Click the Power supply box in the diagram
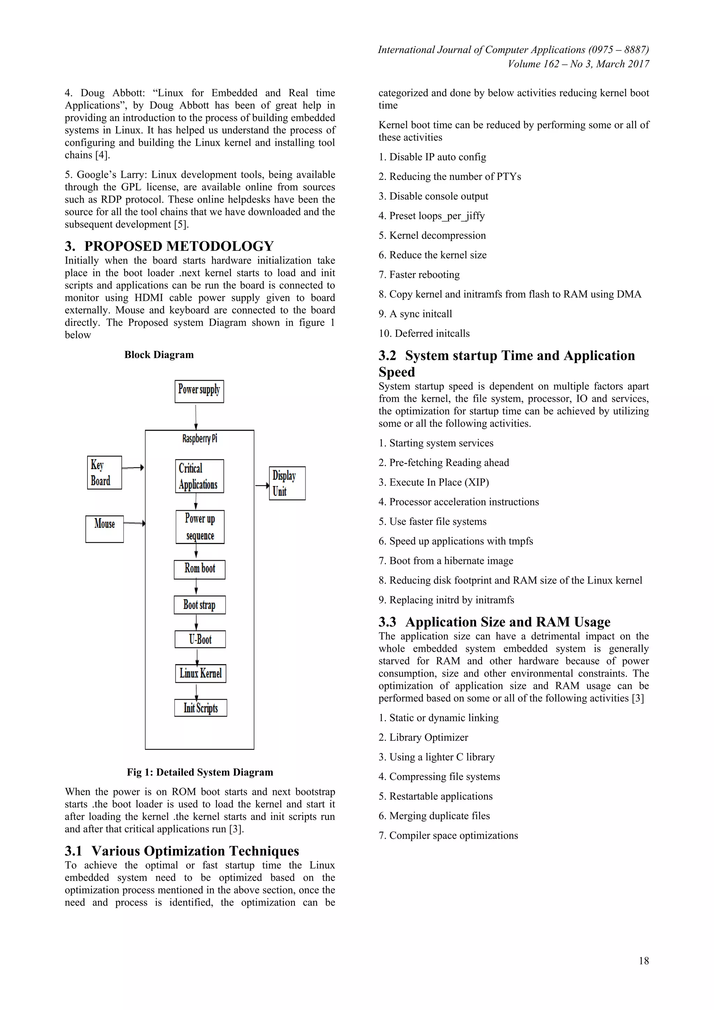click(x=199, y=391)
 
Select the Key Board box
click(x=104, y=473)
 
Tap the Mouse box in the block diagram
click(x=104, y=529)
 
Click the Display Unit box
click(x=287, y=483)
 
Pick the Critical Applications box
click(x=199, y=476)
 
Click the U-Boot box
click(x=200, y=639)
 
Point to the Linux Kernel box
click(x=200, y=673)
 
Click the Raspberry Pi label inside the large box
click(x=200, y=439)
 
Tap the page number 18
click(x=643, y=961)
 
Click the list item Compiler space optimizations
click(x=448, y=835)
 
